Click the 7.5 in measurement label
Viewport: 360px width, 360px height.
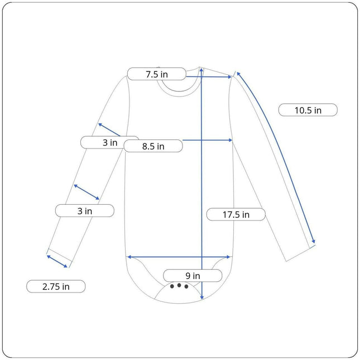(157, 74)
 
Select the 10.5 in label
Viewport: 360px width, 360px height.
(308, 110)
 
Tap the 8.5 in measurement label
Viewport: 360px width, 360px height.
(153, 146)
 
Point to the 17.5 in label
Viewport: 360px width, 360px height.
(236, 214)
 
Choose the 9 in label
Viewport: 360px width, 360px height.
(193, 276)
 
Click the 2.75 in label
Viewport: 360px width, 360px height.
(56, 286)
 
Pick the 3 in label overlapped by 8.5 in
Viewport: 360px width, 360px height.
(110, 142)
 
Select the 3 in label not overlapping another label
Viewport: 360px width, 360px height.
(85, 211)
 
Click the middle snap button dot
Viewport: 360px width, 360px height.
(179, 285)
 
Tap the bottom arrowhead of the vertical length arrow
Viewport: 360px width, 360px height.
(202, 298)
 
